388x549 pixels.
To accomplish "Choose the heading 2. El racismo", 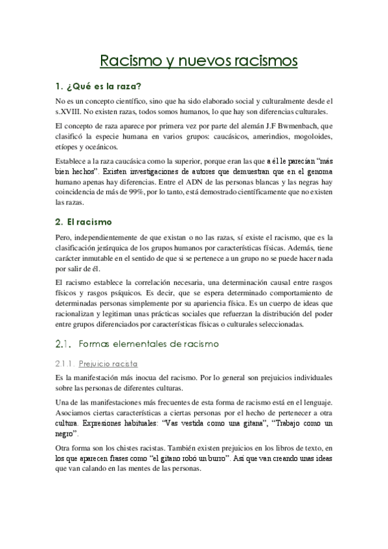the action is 84,221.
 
